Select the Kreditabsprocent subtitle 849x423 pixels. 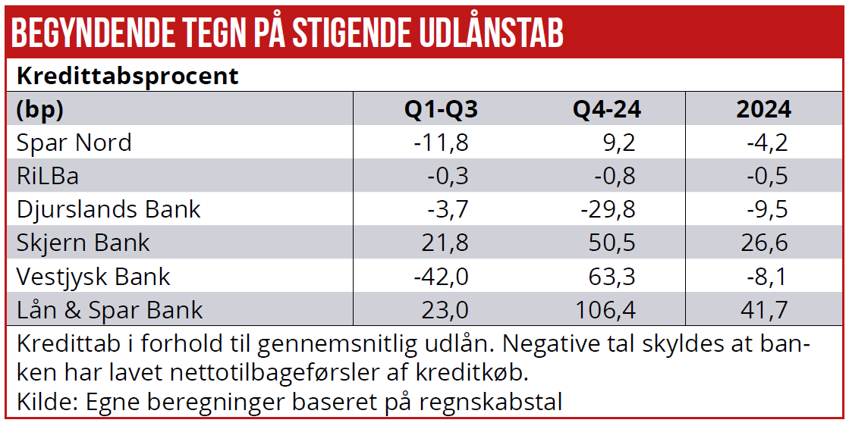127,77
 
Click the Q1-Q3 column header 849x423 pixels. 441,109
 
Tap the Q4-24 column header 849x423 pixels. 606,109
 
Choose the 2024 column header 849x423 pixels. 763,109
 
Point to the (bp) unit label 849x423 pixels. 39,109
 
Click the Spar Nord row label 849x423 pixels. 74,143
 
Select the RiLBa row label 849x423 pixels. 48,176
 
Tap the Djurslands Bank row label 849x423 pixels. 108,209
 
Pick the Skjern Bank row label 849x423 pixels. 83,243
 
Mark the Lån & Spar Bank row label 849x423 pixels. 109,309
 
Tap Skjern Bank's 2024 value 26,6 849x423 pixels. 765,243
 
